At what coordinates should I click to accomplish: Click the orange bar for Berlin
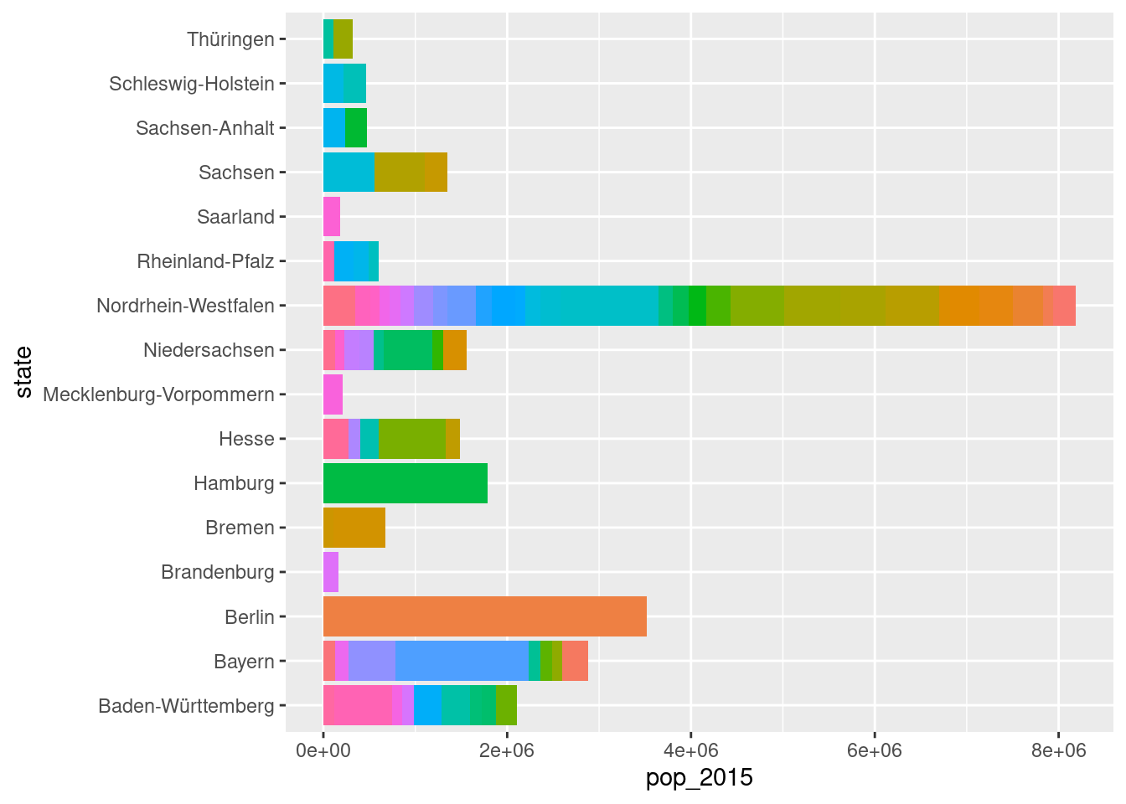click(x=484, y=616)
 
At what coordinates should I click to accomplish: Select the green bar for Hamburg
click(x=405, y=483)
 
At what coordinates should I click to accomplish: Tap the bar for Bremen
click(x=354, y=528)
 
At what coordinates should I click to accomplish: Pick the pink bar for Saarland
click(x=332, y=217)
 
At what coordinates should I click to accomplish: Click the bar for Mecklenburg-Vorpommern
click(x=333, y=394)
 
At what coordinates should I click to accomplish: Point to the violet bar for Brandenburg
click(x=331, y=572)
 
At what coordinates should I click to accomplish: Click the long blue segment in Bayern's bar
click(x=462, y=661)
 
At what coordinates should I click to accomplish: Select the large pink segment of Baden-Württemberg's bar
click(x=357, y=705)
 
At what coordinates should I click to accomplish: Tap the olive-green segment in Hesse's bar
click(x=411, y=439)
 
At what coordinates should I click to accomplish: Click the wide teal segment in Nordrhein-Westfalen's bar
click(x=603, y=306)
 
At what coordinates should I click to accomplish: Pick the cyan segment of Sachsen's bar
click(x=349, y=173)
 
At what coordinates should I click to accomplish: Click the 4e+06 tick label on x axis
click(x=690, y=750)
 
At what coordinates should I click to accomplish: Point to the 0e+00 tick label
click(x=323, y=750)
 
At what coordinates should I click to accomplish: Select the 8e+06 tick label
click(x=1058, y=750)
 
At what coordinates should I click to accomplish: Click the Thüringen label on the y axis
click(x=230, y=39)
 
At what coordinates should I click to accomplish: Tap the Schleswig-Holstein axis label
click(x=192, y=84)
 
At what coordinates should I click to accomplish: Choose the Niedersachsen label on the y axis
click(x=209, y=350)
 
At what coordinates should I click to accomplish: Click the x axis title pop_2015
click(x=699, y=778)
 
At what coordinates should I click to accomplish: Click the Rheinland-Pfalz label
click(x=205, y=261)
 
